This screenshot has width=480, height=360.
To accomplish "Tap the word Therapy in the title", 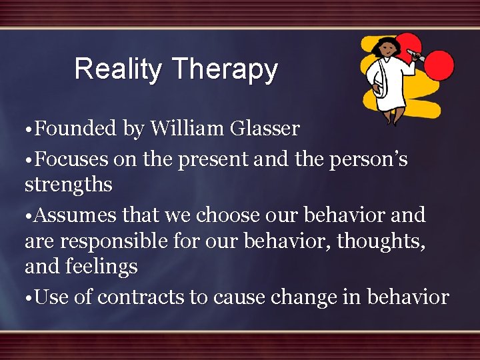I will pyautogui.click(x=224, y=69).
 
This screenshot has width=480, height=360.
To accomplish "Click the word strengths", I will pyautogui.click(x=68, y=184).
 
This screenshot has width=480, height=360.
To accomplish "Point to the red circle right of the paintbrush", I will pyautogui.click(x=439, y=65).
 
